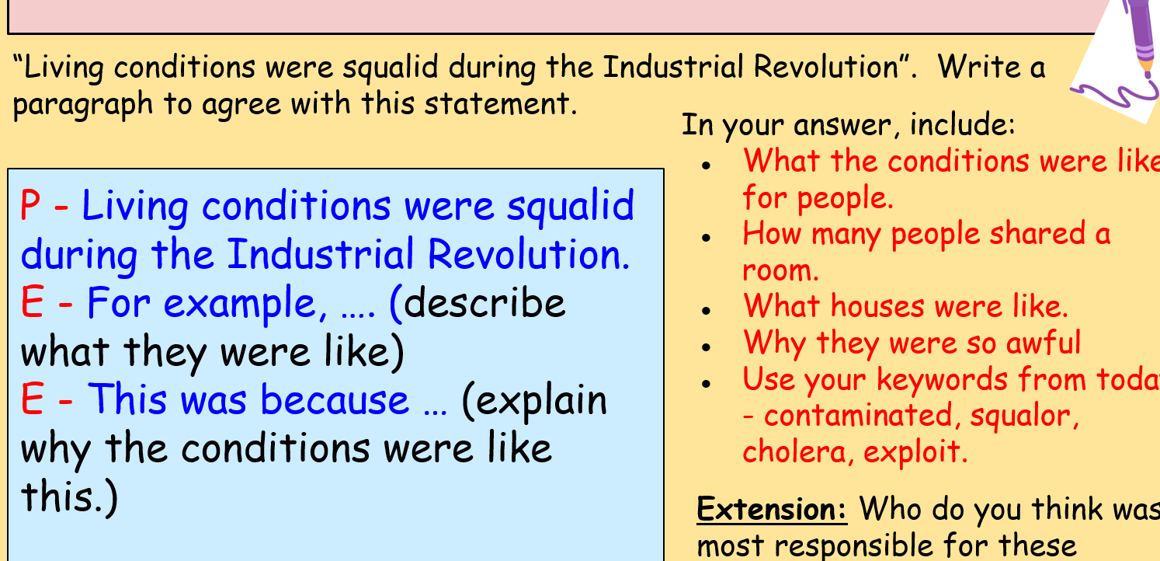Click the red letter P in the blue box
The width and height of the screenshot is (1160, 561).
click(x=31, y=207)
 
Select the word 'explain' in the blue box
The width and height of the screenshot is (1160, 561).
click(x=543, y=401)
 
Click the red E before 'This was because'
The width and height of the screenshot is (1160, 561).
click(x=31, y=399)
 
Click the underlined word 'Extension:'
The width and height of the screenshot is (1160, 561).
click(x=772, y=509)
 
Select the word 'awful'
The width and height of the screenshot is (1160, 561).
click(x=1044, y=342)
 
